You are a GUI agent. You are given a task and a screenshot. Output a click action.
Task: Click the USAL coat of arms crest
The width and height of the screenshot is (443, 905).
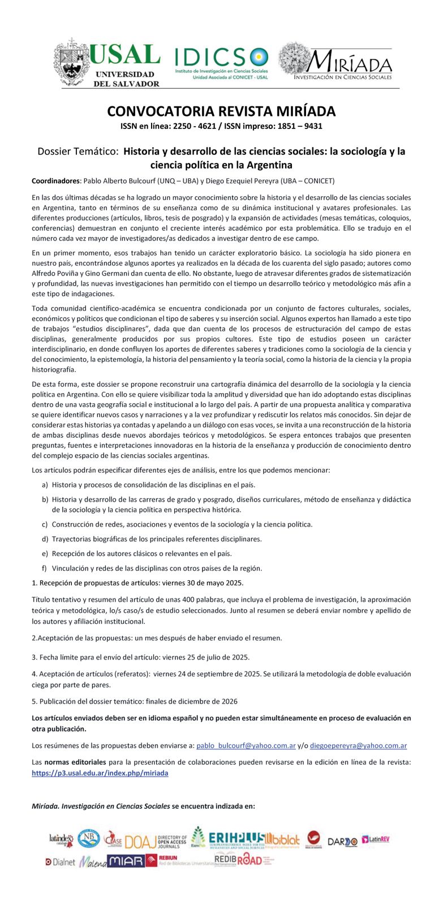pyautogui.click(x=71, y=62)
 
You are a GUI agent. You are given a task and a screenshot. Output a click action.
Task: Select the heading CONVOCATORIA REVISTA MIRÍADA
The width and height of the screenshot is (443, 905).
pyautogui.click(x=221, y=111)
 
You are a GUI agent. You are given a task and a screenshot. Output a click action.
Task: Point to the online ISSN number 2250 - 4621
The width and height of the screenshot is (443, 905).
pyautogui.click(x=190, y=126)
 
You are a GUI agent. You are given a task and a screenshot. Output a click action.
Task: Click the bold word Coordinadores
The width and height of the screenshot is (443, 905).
pyautogui.click(x=56, y=181)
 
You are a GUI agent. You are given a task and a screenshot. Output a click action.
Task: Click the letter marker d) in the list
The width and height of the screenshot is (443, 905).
pyautogui.click(x=45, y=539)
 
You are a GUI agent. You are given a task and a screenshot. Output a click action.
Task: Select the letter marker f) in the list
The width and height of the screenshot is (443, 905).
pyautogui.click(x=44, y=568)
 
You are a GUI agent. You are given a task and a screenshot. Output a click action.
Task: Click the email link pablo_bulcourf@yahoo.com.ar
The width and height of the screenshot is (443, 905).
pyautogui.click(x=246, y=745)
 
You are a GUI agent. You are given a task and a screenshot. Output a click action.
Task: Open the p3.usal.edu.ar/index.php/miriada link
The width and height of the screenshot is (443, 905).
pyautogui.click(x=100, y=773)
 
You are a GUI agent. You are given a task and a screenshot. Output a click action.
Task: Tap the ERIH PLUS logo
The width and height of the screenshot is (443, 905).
pyautogui.click(x=236, y=840)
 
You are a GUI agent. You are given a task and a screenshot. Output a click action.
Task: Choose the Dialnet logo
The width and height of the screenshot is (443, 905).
pyautogui.click(x=61, y=862)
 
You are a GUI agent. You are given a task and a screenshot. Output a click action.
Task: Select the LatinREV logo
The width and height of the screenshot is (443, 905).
pyautogui.click(x=376, y=839)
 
